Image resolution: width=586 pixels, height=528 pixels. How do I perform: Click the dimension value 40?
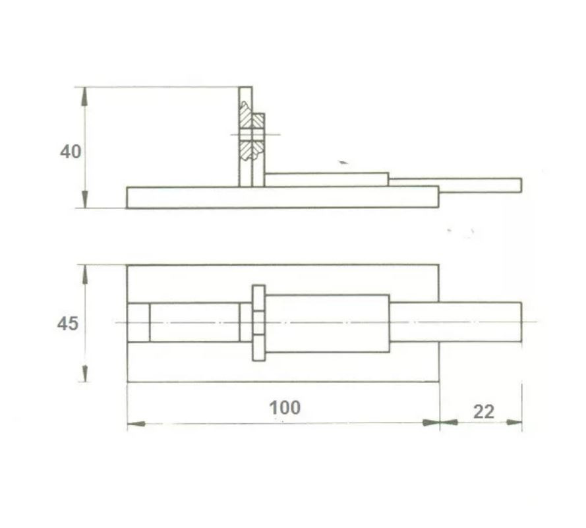[x=71, y=152]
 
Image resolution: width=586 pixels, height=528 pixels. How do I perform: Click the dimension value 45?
[x=68, y=324]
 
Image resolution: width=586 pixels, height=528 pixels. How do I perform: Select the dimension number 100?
[x=285, y=407]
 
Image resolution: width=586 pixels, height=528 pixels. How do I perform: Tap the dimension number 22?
[x=484, y=412]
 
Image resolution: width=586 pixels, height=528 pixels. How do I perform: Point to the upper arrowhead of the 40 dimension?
[x=85, y=96]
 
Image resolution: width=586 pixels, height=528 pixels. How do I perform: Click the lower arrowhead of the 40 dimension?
[x=85, y=199]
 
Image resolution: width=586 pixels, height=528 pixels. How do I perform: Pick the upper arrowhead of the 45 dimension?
[x=85, y=274]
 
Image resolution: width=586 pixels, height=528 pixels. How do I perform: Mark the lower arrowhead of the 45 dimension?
[x=85, y=373]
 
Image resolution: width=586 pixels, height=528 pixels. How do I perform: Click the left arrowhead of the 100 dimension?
[x=136, y=424]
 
